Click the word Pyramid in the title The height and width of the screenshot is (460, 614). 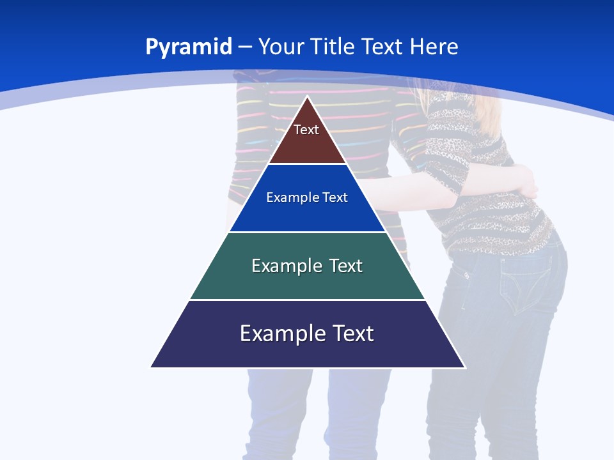pyautogui.click(x=189, y=47)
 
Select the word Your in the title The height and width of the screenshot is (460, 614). pyautogui.click(x=281, y=47)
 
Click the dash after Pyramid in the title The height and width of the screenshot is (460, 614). pyautogui.click(x=245, y=47)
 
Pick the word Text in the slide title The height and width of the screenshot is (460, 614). pyautogui.click(x=384, y=47)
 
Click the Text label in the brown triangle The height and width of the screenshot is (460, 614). pyautogui.click(x=306, y=130)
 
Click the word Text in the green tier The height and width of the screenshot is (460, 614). pyautogui.click(x=346, y=266)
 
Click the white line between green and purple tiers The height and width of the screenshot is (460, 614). pyautogui.click(x=308, y=300)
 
